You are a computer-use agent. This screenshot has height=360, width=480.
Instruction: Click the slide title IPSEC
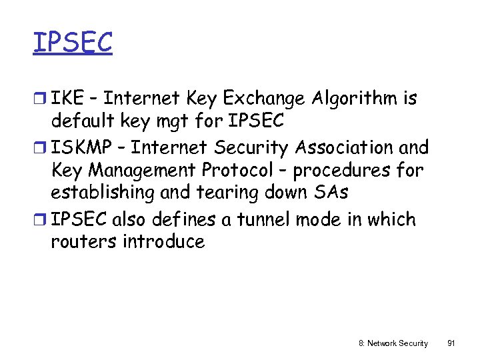pos(73,42)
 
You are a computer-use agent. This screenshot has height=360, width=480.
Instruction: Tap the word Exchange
pos(263,99)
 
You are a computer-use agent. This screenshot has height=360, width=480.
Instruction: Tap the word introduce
pos(163,241)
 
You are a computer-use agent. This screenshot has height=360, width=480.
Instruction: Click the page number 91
pos(451,343)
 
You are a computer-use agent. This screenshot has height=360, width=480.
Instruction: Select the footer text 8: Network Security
pos(393,343)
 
